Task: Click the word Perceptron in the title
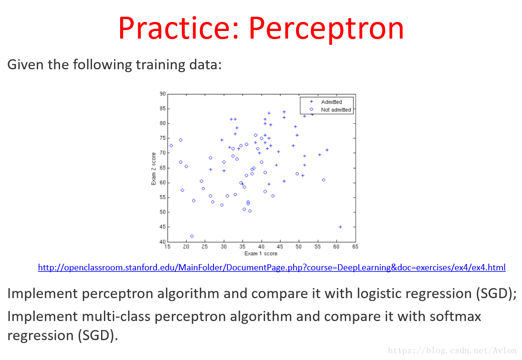click(326, 29)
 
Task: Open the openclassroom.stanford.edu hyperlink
click(272, 267)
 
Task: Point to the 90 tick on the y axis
click(163, 94)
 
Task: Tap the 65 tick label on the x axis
click(355, 247)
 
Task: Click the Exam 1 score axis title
click(261, 254)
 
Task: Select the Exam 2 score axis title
click(154, 168)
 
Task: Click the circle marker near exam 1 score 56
click(324, 180)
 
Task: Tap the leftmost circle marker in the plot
click(171, 145)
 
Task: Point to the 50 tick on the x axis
click(298, 247)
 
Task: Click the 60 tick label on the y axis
click(163, 183)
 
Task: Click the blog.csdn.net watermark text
click(452, 350)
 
